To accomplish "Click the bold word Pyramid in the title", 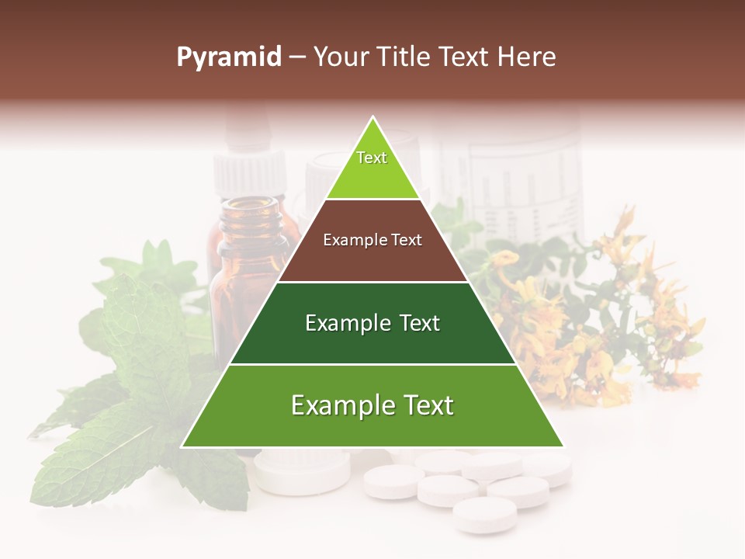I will click(x=229, y=57).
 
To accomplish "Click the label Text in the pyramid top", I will click(x=372, y=158).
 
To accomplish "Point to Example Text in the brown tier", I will click(x=372, y=240).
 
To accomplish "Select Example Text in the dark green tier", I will click(x=372, y=323).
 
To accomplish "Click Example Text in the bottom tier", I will click(x=372, y=405).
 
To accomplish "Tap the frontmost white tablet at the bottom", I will click(x=484, y=514).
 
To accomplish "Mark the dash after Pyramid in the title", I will click(x=297, y=57).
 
